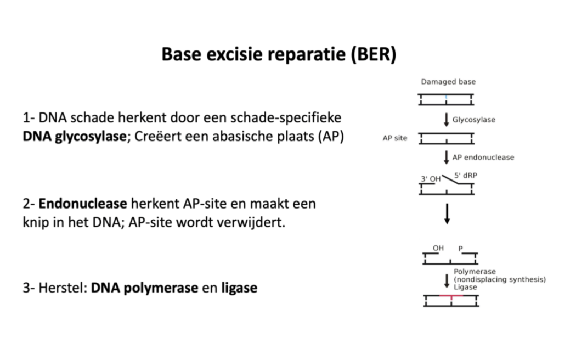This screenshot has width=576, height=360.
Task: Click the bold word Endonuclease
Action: click(x=82, y=204)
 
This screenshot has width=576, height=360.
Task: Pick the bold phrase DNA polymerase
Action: click(x=144, y=287)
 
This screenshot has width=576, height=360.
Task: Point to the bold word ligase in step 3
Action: click(x=239, y=288)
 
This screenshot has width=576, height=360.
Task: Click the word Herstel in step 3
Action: click(x=60, y=287)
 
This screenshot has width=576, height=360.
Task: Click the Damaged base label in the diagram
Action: click(x=448, y=82)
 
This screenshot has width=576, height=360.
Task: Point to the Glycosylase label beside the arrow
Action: click(x=473, y=120)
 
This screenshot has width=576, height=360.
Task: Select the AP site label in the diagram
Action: click(x=395, y=138)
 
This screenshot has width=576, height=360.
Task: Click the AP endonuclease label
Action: click(x=483, y=157)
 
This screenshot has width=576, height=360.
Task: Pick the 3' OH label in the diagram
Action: click(x=431, y=178)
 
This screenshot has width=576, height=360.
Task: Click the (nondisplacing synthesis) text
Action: click(x=500, y=279)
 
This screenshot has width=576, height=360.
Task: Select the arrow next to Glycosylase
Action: click(x=447, y=120)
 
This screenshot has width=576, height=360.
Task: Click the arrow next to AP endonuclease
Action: click(x=447, y=157)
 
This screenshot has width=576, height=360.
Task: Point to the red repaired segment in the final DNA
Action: click(x=451, y=296)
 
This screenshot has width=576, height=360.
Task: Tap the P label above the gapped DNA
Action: click(x=461, y=248)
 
